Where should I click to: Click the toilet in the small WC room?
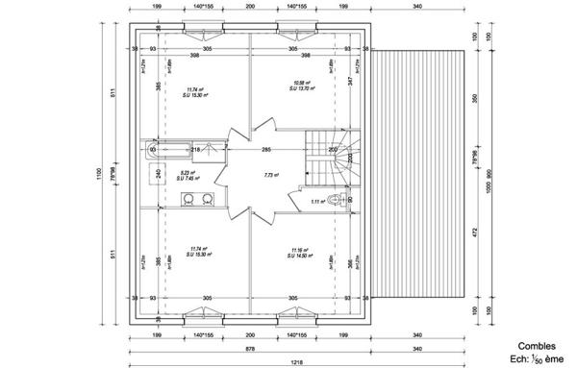pos(334,200)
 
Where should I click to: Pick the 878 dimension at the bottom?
pos(249,348)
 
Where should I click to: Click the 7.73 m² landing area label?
pos(270,175)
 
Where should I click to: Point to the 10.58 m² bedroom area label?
pos(298,84)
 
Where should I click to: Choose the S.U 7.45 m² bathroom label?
pos(188,178)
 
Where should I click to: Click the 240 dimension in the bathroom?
pos(158,174)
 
